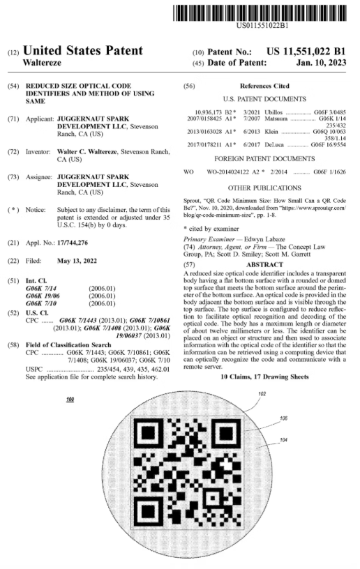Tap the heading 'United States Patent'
coord(88,50)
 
